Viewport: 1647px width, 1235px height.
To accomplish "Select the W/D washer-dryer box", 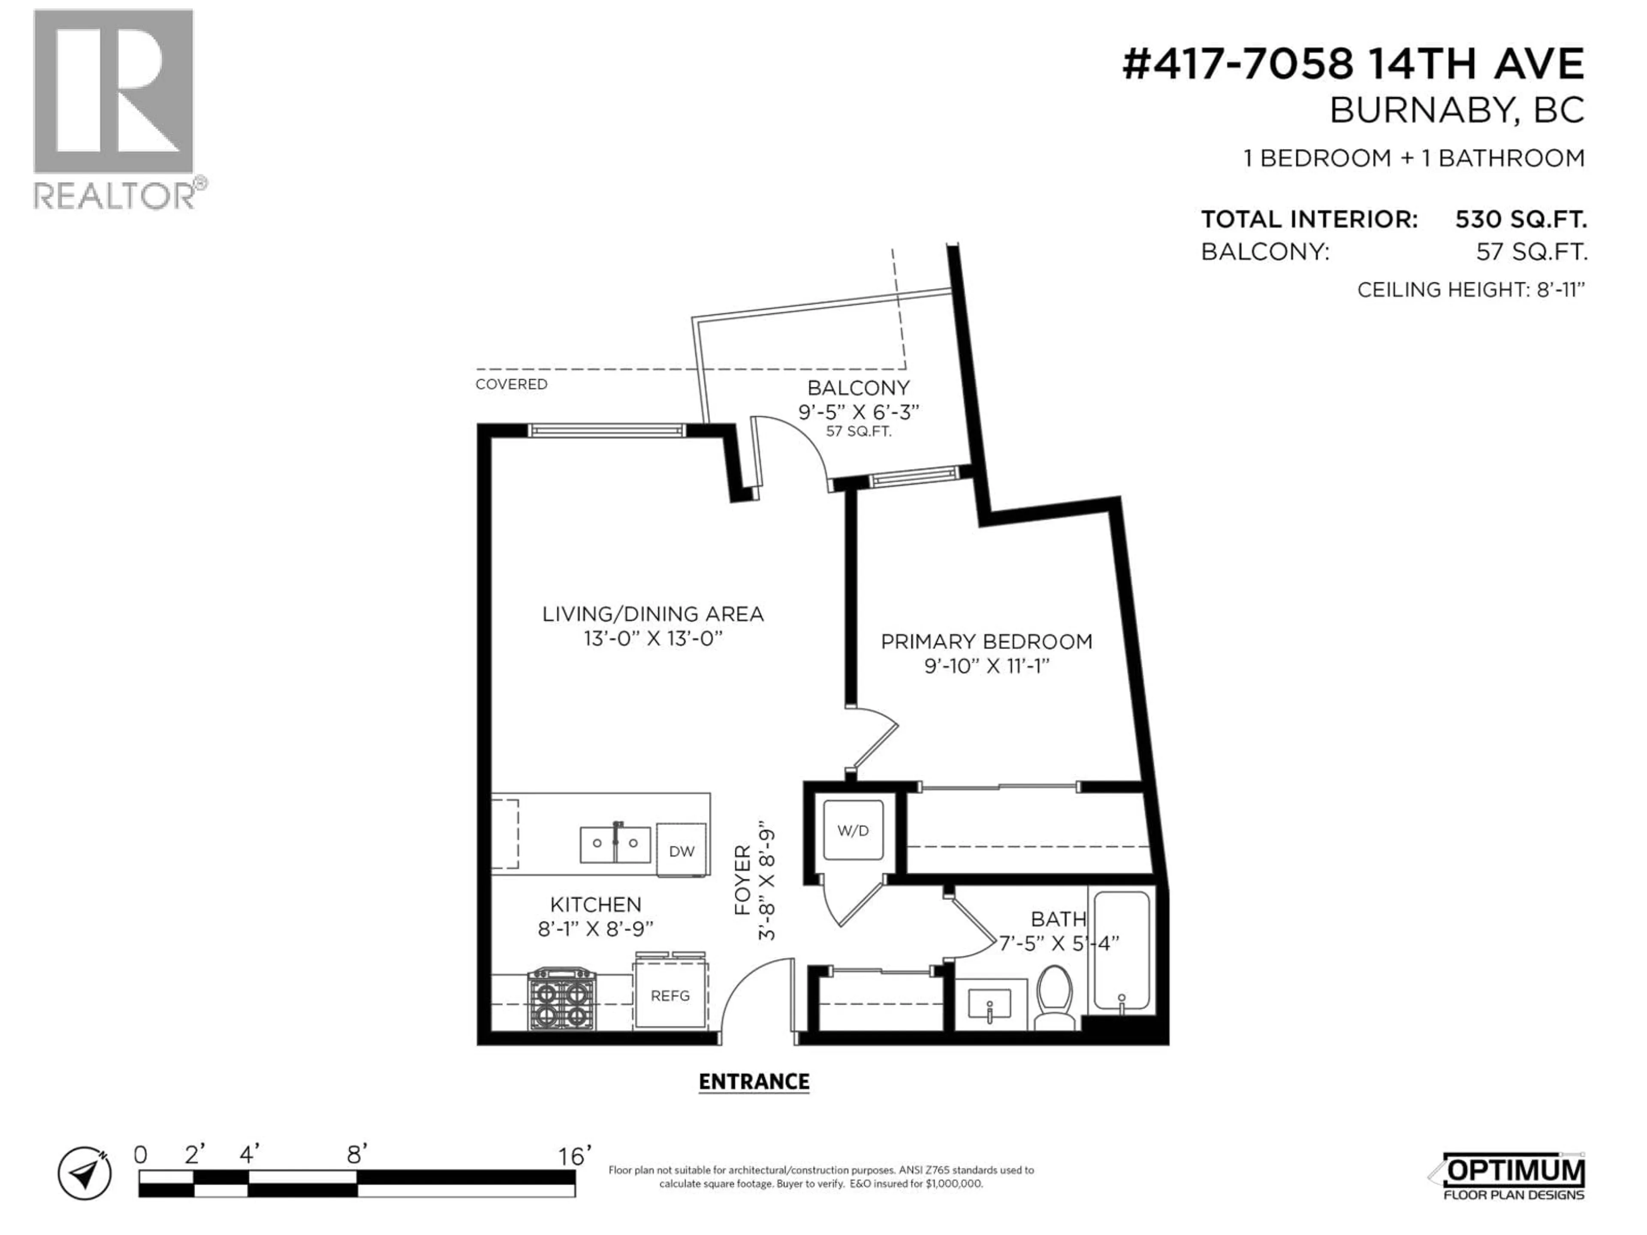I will pos(853,831).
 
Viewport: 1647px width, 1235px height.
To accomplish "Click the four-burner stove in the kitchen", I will pos(562,999).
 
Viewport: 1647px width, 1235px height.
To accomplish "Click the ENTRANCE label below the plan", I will pos(754,1081).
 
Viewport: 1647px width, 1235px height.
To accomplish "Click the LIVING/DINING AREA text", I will pos(652,614).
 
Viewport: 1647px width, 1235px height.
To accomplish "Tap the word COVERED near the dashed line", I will pos(512,384).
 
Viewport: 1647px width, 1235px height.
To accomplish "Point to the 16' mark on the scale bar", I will pos(574,1156).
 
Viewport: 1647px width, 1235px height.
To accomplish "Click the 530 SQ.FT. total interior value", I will pos(1520,220).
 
